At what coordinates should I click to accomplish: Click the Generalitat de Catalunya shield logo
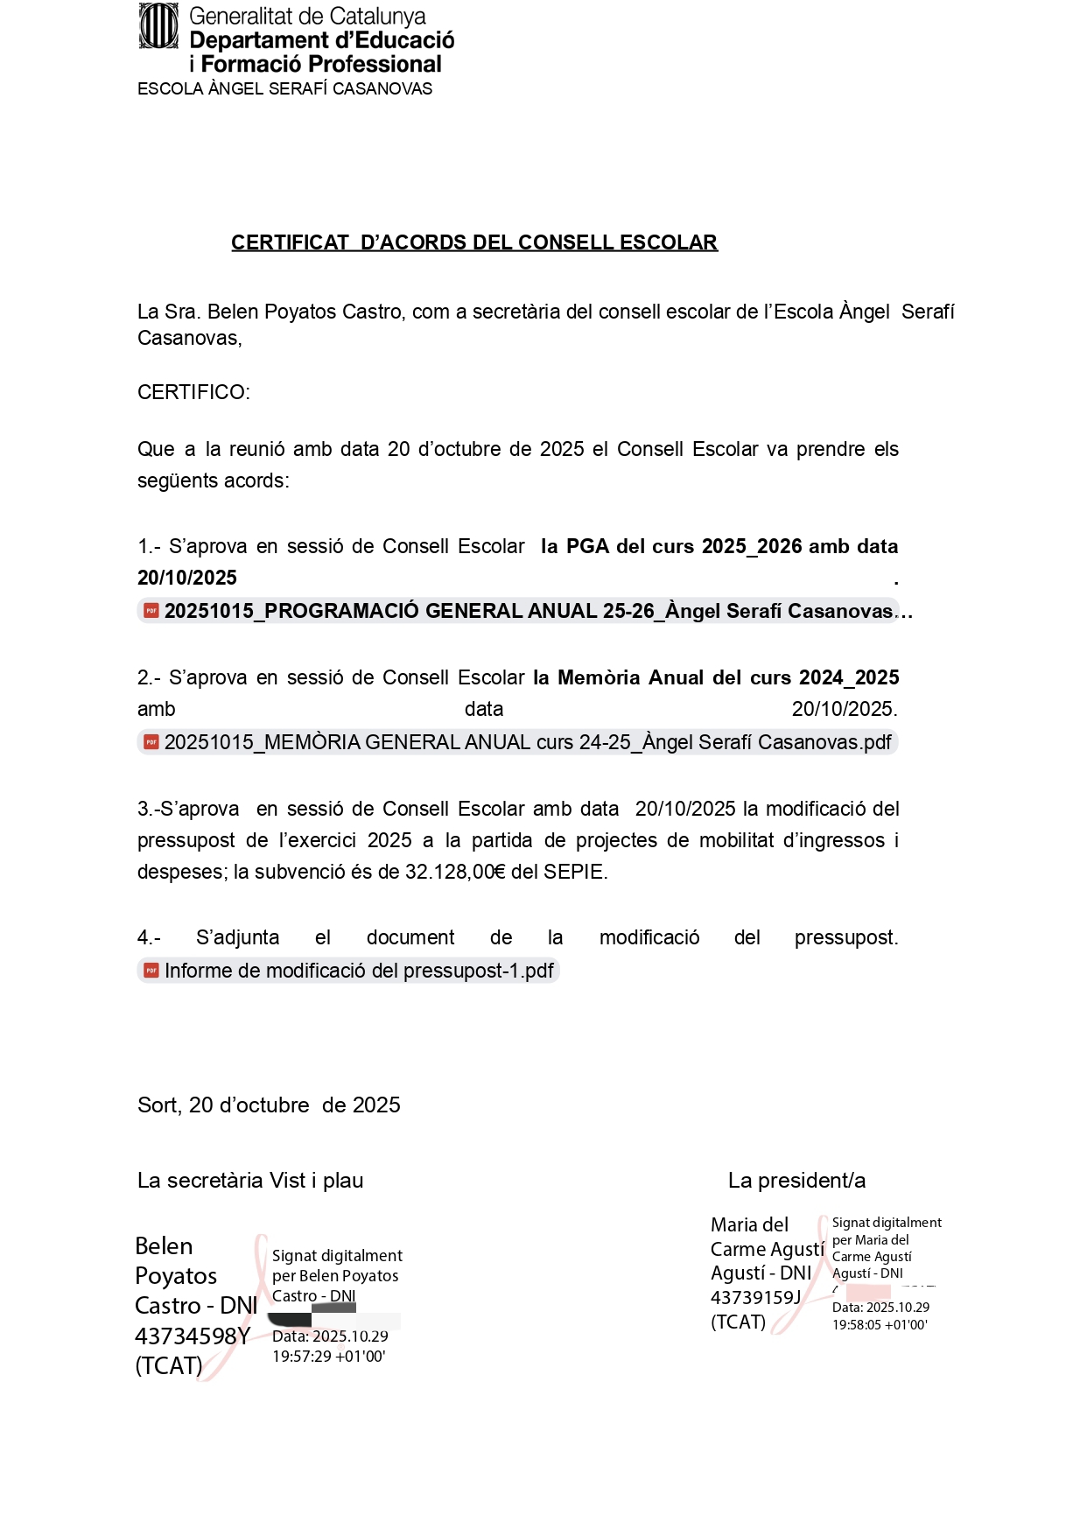pyautogui.click(x=158, y=26)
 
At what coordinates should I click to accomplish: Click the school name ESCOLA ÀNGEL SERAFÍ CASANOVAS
pyautogui.click(x=284, y=89)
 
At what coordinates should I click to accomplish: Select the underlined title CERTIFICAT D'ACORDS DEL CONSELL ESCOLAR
pyautogui.click(x=473, y=242)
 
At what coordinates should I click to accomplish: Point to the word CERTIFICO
pyautogui.click(x=193, y=392)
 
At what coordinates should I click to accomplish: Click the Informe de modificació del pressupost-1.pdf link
pyautogui.click(x=359, y=971)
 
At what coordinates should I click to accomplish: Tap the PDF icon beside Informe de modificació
pyautogui.click(x=151, y=971)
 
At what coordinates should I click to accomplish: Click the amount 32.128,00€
pyautogui.click(x=455, y=872)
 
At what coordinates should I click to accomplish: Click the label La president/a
pyautogui.click(x=796, y=1181)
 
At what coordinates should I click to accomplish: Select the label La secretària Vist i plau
pyautogui.click(x=250, y=1181)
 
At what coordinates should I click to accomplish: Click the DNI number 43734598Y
pyautogui.click(x=193, y=1336)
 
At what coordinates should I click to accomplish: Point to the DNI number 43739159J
pyautogui.click(x=755, y=1297)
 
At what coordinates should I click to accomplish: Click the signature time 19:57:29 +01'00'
pyautogui.click(x=328, y=1357)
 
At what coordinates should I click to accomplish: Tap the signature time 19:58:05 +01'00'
pyautogui.click(x=880, y=1325)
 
